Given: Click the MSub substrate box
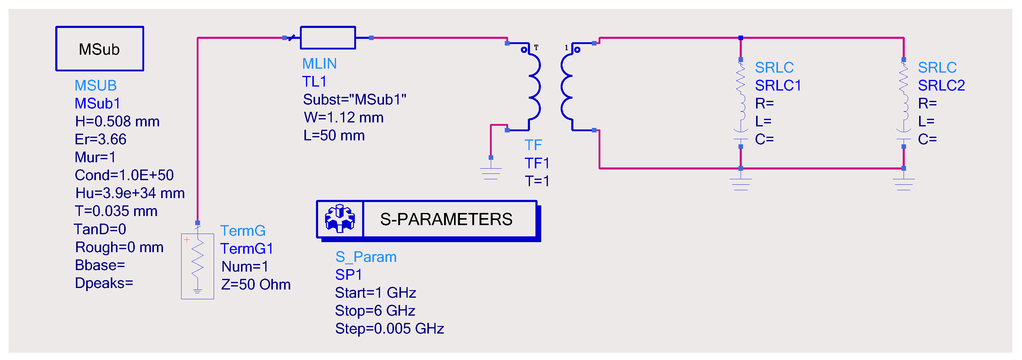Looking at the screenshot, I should [x=99, y=49].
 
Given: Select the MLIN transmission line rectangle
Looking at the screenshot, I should [x=328, y=38].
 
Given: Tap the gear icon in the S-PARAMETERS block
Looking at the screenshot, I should [x=340, y=219].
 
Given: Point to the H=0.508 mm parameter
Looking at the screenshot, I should [x=117, y=122].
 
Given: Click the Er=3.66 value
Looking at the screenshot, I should [x=100, y=139].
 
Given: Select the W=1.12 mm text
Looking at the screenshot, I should [x=343, y=118].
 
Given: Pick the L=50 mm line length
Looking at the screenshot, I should [x=334, y=136].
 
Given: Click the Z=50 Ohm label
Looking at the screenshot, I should [x=256, y=285].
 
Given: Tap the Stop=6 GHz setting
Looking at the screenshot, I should [x=375, y=311].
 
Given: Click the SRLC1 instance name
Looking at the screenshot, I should [x=778, y=86].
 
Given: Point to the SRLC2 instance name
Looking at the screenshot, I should [x=941, y=86].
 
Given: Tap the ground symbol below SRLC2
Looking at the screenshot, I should [x=903, y=183].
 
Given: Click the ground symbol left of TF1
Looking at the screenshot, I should [x=491, y=172].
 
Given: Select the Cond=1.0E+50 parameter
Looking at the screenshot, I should [x=124, y=175].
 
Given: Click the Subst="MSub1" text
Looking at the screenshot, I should [x=354, y=100].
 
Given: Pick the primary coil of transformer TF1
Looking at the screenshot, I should [x=534, y=86].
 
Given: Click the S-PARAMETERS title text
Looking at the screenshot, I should [x=446, y=219].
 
